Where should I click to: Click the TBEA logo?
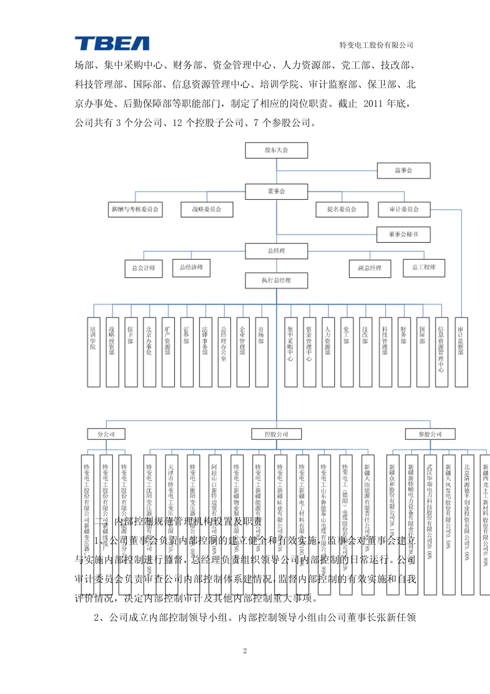[x=112, y=43]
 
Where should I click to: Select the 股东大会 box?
[x=276, y=150]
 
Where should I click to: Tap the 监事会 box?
[x=403, y=170]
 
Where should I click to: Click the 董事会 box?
[x=276, y=192]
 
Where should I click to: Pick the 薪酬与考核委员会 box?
[x=135, y=210]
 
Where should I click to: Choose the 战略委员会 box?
[x=206, y=210]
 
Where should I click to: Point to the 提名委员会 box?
[x=341, y=210]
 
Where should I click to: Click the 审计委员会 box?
[x=404, y=210]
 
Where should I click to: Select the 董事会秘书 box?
[x=403, y=234]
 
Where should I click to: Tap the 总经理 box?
[x=276, y=251]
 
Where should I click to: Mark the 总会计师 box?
[x=143, y=269]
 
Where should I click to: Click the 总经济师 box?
[x=191, y=267]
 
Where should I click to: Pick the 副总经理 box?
[x=370, y=269]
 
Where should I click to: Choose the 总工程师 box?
[x=424, y=267]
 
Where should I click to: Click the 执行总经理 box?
[x=276, y=280]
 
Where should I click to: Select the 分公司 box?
[x=106, y=434]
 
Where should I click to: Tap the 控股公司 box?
[x=276, y=434]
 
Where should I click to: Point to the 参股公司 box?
[x=430, y=434]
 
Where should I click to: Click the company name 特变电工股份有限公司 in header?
[x=377, y=45]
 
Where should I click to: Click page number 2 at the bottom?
[x=245, y=651]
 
